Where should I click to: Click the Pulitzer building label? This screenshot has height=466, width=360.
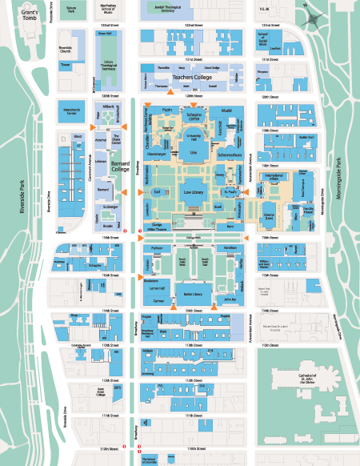tap(157, 250)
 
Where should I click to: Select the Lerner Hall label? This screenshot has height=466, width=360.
tap(156, 286)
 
